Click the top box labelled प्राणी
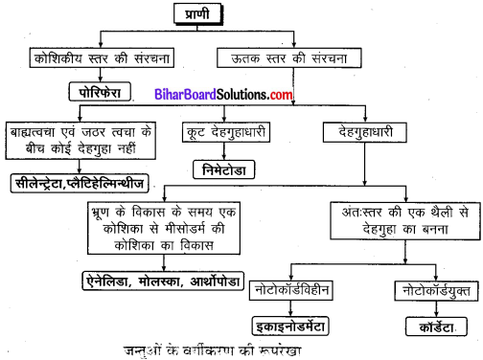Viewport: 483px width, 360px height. (x=231, y=14)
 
